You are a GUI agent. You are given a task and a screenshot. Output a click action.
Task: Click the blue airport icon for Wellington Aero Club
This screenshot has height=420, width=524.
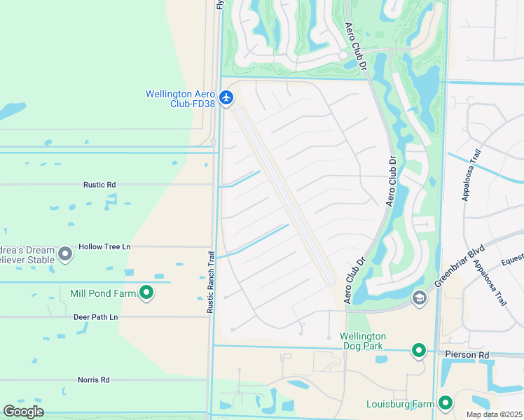226,97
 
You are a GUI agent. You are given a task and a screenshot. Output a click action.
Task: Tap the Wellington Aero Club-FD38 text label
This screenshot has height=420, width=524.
179,99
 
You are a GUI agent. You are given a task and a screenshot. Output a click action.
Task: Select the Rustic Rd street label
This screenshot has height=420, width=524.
99,185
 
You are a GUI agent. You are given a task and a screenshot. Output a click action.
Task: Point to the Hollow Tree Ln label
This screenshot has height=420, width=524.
104,247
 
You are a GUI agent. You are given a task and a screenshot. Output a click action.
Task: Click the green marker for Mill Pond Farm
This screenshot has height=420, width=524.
146,293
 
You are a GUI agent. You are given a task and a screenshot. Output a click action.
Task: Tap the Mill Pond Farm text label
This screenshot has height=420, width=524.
102,293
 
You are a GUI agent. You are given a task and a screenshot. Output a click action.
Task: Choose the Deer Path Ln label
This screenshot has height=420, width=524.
96,317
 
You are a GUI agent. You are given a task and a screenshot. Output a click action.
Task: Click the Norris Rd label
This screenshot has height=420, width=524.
94,380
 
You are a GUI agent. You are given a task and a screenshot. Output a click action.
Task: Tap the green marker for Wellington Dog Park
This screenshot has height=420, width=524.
418,349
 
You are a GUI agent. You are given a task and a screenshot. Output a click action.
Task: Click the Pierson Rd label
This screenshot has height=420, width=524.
467,355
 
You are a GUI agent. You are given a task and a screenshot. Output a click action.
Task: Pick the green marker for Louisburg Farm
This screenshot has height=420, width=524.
446,402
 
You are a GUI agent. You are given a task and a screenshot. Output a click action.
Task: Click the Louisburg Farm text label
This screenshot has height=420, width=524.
400,404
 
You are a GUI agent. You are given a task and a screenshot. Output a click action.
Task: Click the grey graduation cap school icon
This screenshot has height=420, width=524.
419,299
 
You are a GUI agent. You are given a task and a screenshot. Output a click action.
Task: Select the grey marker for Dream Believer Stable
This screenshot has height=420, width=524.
65,253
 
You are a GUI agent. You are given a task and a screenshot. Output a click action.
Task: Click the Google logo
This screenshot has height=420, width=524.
24,412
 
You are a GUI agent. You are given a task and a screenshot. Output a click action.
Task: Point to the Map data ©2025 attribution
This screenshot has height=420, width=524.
493,414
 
